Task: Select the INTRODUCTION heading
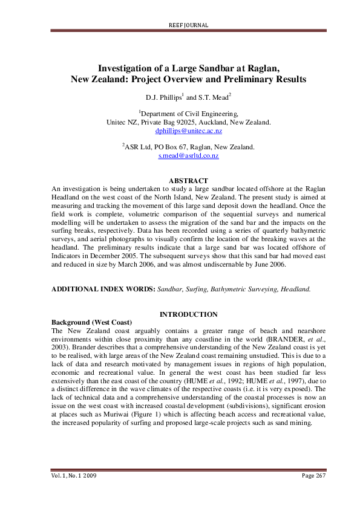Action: click(x=188, y=314)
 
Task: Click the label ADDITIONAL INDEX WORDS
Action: click(x=103, y=290)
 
